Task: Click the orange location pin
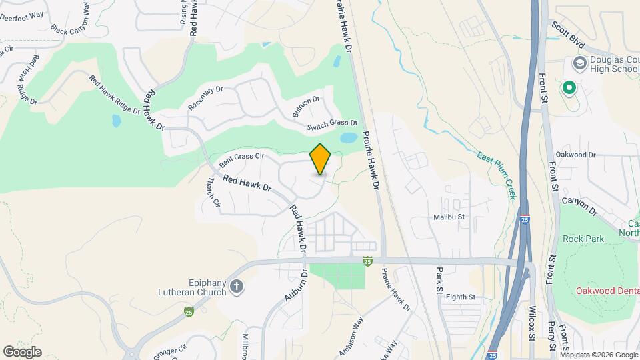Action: (321, 159)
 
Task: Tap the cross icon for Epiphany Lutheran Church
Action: (237, 287)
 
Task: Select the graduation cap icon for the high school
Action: (579, 63)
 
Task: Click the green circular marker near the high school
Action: (569, 87)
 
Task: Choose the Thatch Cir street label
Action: (213, 191)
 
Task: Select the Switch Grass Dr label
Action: (332, 125)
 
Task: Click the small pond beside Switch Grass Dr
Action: (348, 139)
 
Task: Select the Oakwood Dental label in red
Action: (607, 291)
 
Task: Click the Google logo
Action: (22, 351)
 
